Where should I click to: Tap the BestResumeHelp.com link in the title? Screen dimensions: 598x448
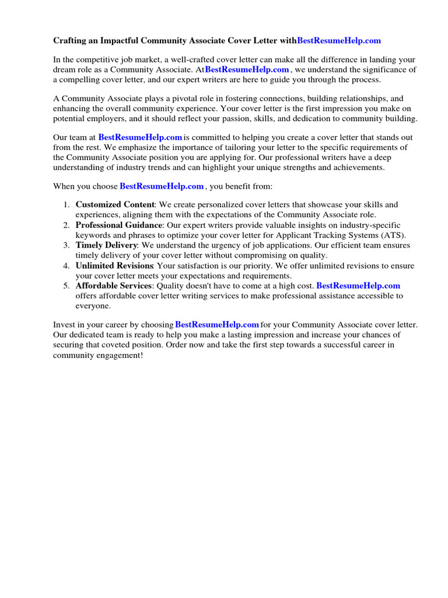[339, 41]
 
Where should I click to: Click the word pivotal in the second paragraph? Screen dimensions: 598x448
[170, 99]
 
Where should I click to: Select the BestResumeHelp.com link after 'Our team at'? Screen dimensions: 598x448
[140, 137]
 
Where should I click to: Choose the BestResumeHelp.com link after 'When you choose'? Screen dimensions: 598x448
[162, 186]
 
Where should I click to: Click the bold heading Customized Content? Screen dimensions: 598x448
[115, 205]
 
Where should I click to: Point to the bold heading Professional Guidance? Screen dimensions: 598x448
[119, 225]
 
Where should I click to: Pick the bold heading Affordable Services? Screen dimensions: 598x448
[114, 286]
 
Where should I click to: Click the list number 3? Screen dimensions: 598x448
[66, 245]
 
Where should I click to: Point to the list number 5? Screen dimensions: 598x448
[66, 286]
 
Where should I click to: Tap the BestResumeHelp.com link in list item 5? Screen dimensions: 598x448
[358, 286]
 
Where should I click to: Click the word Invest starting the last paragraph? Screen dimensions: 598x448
[64, 325]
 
